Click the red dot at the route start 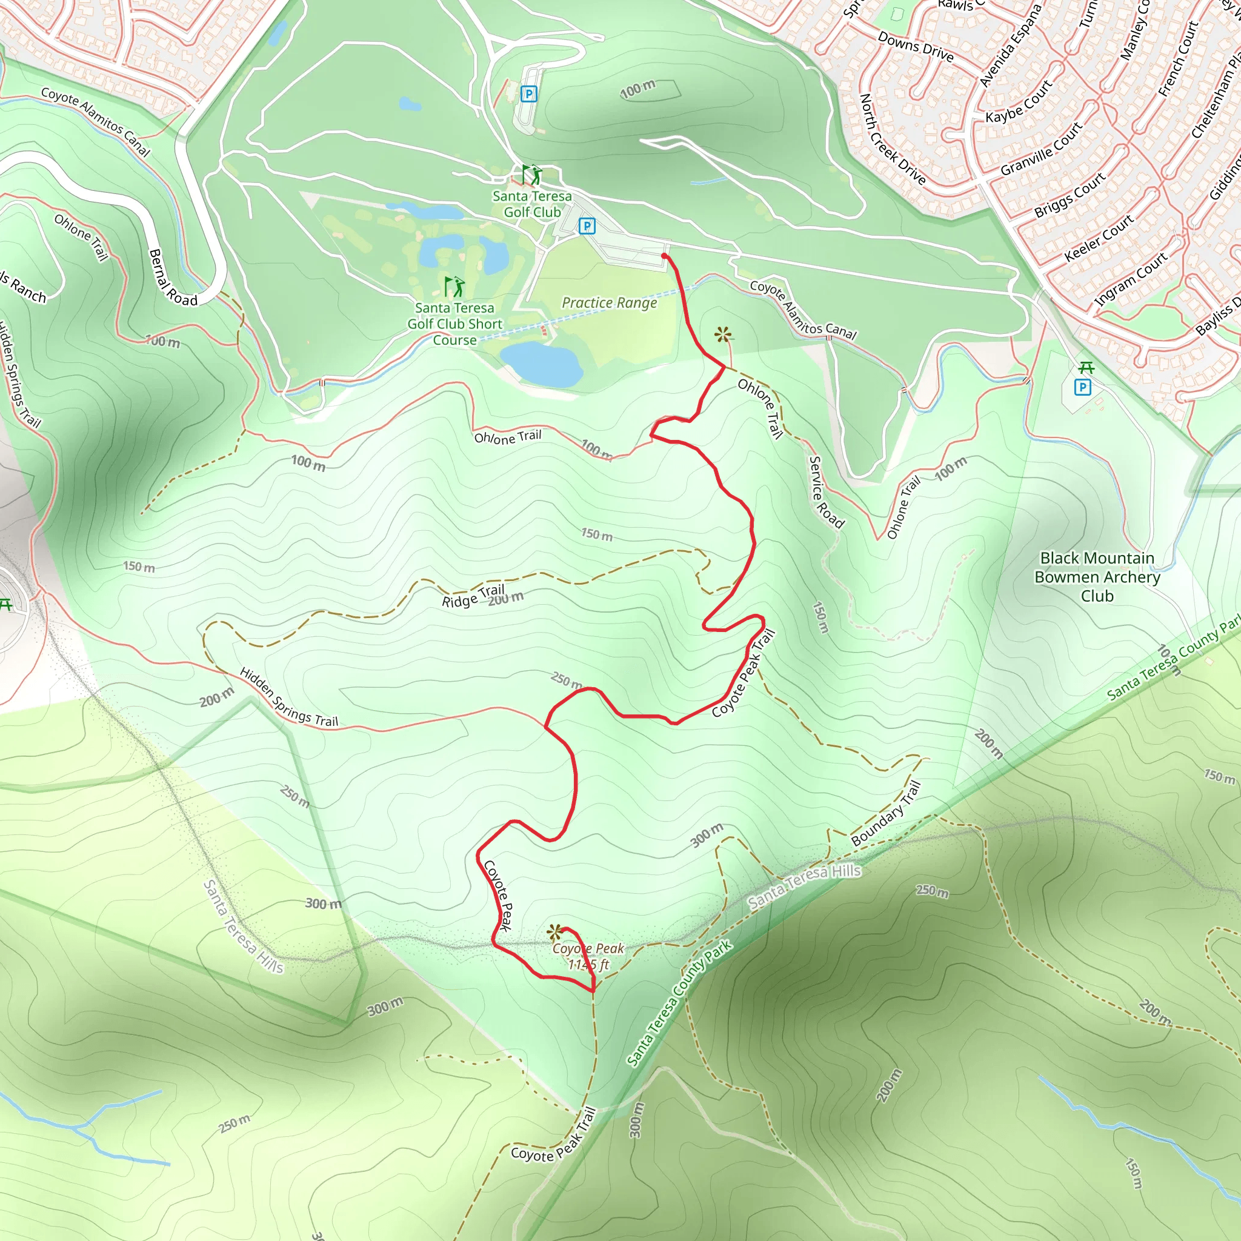664,256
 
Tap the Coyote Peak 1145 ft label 588,956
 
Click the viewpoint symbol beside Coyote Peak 554,931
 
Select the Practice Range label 609,302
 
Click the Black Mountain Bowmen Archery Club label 1097,577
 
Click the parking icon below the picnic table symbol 1083,387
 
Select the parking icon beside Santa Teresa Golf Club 587,225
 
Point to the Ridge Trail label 473,596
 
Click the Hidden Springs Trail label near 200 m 288,697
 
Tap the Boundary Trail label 886,813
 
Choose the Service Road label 825,492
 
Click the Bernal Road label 172,277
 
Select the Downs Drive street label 916,46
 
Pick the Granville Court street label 1041,149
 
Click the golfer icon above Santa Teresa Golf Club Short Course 454,287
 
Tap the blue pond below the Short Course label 542,364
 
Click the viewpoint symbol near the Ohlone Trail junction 724,334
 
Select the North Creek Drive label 892,139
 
